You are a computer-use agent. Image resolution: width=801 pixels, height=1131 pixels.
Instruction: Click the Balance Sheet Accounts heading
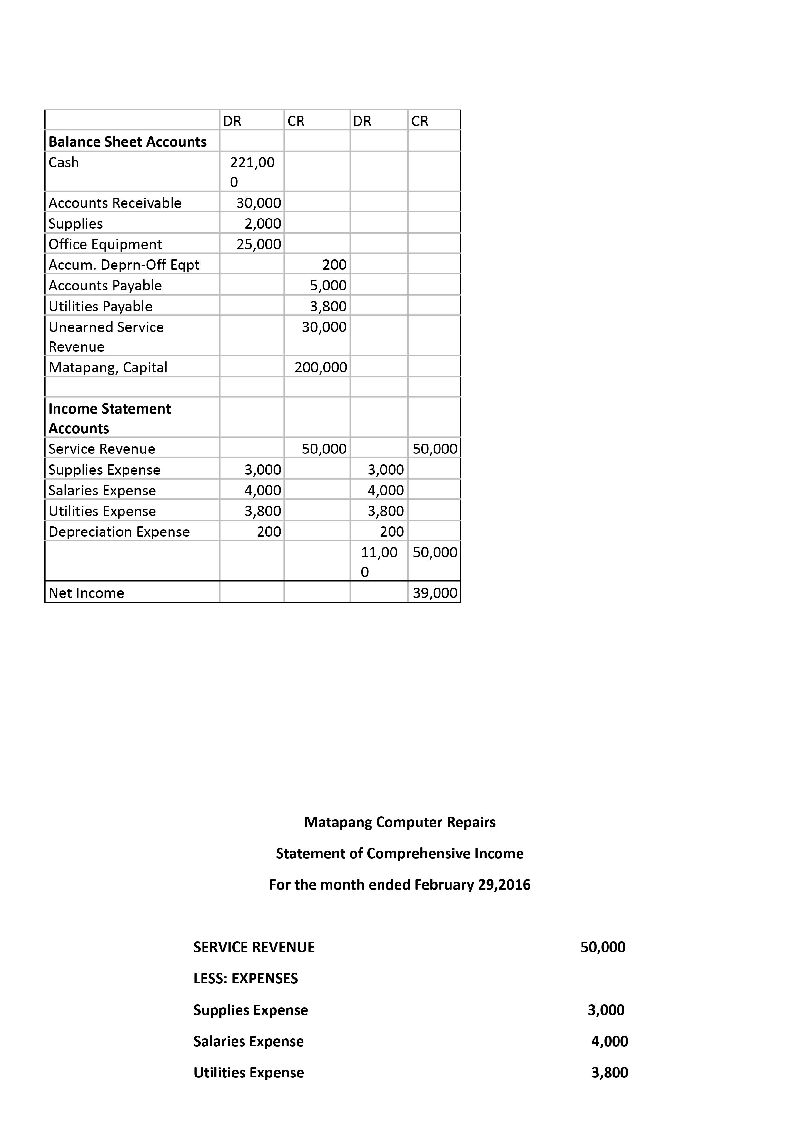(127, 142)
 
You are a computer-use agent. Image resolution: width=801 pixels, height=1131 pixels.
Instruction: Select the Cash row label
(64, 163)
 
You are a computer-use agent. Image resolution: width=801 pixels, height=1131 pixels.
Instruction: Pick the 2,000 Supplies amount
(263, 224)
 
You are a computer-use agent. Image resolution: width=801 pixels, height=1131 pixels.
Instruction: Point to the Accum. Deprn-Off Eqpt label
(124, 265)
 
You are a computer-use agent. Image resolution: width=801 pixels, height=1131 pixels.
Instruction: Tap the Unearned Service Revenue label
(106, 337)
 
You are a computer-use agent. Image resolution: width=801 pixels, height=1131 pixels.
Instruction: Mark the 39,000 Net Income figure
(435, 593)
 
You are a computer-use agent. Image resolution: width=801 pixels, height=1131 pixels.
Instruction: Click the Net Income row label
(86, 593)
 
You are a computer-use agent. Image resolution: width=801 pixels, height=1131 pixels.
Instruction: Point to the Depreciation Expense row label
(119, 532)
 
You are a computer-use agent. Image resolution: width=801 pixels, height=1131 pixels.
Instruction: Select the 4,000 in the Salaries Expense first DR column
(263, 491)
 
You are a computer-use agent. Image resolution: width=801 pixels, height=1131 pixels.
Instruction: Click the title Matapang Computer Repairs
(400, 822)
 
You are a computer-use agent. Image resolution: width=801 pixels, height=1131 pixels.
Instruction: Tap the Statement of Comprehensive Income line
(400, 853)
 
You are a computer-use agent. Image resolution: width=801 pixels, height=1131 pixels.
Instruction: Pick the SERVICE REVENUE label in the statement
(254, 947)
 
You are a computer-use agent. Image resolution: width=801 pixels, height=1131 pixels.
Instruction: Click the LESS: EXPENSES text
(246, 978)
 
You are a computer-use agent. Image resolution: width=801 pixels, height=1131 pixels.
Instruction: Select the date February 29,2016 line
(400, 884)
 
